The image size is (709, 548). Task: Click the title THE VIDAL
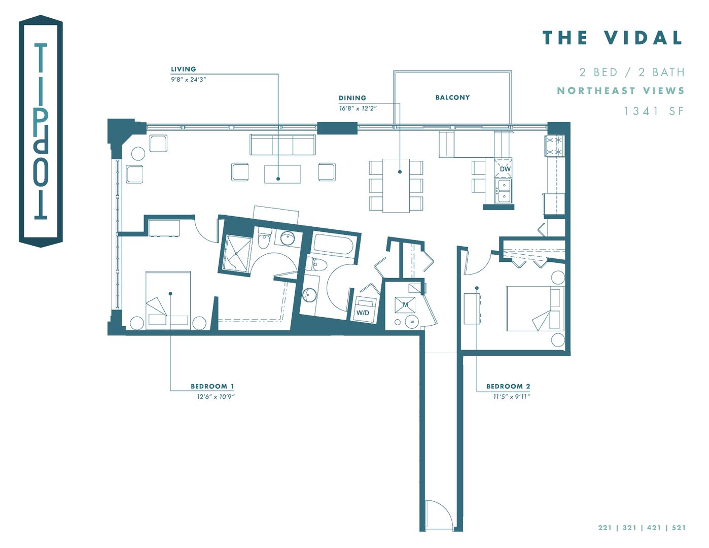(613, 38)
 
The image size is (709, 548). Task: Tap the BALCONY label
(452, 97)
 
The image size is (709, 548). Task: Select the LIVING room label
(183, 69)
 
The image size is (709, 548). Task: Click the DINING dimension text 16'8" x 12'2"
(358, 108)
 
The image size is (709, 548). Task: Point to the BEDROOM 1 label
(212, 386)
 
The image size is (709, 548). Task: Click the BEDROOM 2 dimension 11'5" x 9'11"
(511, 396)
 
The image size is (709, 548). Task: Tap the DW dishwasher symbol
(504, 168)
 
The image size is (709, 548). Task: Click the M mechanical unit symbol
(405, 304)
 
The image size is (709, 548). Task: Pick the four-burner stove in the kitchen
(554, 146)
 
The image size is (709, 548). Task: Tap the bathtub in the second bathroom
(333, 244)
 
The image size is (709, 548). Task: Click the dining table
(396, 185)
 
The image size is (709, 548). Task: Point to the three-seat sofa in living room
(282, 145)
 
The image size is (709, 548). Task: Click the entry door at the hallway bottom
(439, 515)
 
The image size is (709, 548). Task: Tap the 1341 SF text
(654, 111)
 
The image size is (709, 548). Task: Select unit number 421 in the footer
(654, 528)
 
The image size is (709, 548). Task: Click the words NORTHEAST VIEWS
(621, 91)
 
